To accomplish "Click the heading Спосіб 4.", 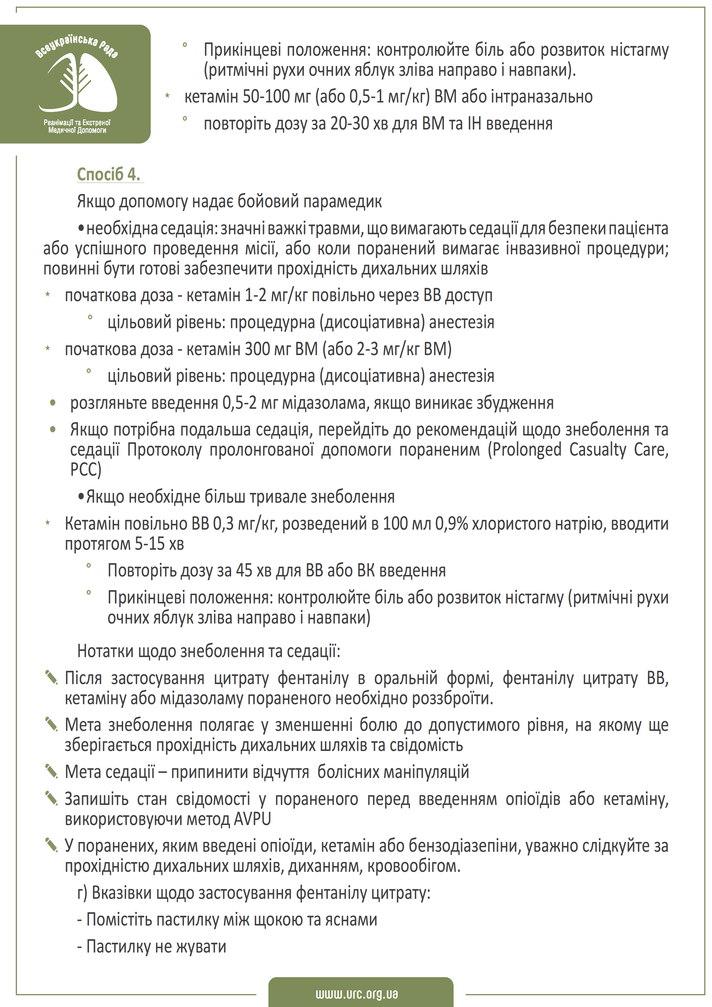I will [x=109, y=174].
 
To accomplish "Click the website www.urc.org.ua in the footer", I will [x=356, y=994].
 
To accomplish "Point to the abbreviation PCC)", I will [x=86, y=469].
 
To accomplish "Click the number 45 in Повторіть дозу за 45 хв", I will [x=244, y=571].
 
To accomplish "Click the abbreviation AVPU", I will [x=252, y=819].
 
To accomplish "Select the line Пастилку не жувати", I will [x=152, y=946].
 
